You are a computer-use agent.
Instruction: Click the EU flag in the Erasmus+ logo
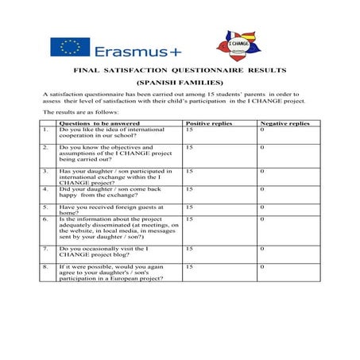pos(69,48)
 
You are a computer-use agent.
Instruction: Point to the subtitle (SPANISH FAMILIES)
pos(180,83)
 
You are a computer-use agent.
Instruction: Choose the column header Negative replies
pos(285,125)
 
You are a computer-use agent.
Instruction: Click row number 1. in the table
pos(46,130)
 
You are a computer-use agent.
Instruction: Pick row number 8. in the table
pos(46,267)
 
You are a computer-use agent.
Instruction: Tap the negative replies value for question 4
pos(261,189)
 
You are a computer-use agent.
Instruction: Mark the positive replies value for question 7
pos(189,249)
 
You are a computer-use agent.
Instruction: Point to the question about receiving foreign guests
pos(102,210)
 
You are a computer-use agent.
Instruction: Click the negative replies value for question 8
pos(261,267)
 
